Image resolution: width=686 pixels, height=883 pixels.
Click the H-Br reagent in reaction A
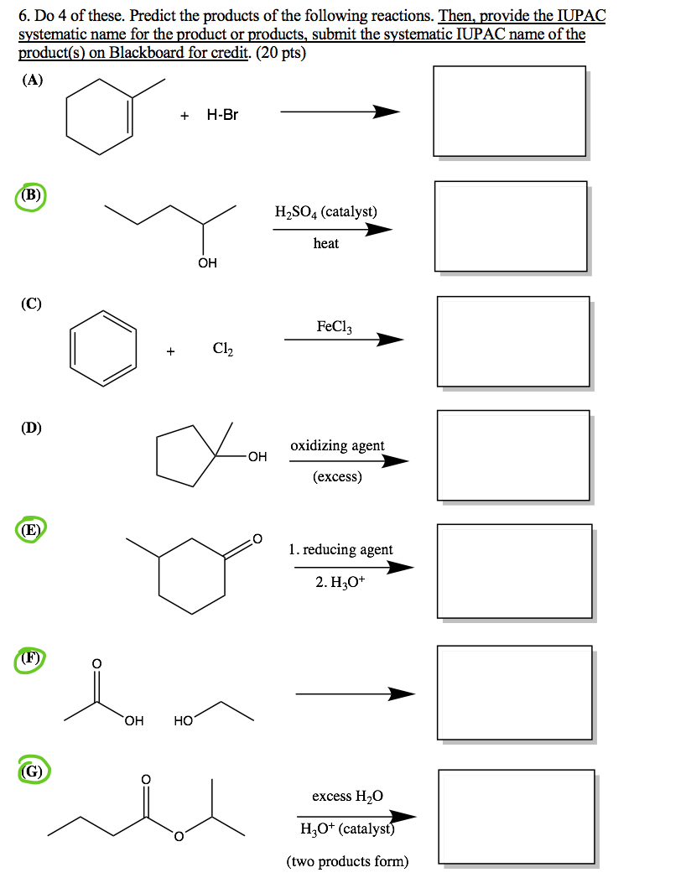[222, 115]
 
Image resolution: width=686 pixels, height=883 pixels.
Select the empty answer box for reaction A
[509, 111]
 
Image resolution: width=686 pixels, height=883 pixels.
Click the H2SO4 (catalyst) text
[325, 211]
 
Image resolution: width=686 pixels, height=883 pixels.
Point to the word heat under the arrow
[325, 243]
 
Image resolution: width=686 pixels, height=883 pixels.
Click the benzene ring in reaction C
[103, 347]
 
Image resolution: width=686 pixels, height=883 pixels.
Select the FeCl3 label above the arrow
[334, 326]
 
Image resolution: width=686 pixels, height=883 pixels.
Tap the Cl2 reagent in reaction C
[223, 349]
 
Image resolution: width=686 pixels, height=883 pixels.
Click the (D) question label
[32, 428]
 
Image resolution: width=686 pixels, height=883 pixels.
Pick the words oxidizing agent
[337, 445]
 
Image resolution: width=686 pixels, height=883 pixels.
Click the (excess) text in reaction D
[337, 477]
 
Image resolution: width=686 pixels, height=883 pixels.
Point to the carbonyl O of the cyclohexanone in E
[257, 538]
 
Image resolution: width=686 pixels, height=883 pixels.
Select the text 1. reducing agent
[340, 549]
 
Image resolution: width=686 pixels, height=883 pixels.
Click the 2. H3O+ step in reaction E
[340, 582]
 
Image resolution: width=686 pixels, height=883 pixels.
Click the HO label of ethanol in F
[184, 720]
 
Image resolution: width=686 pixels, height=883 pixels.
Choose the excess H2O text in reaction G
[347, 796]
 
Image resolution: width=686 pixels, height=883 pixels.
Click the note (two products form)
[347, 861]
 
